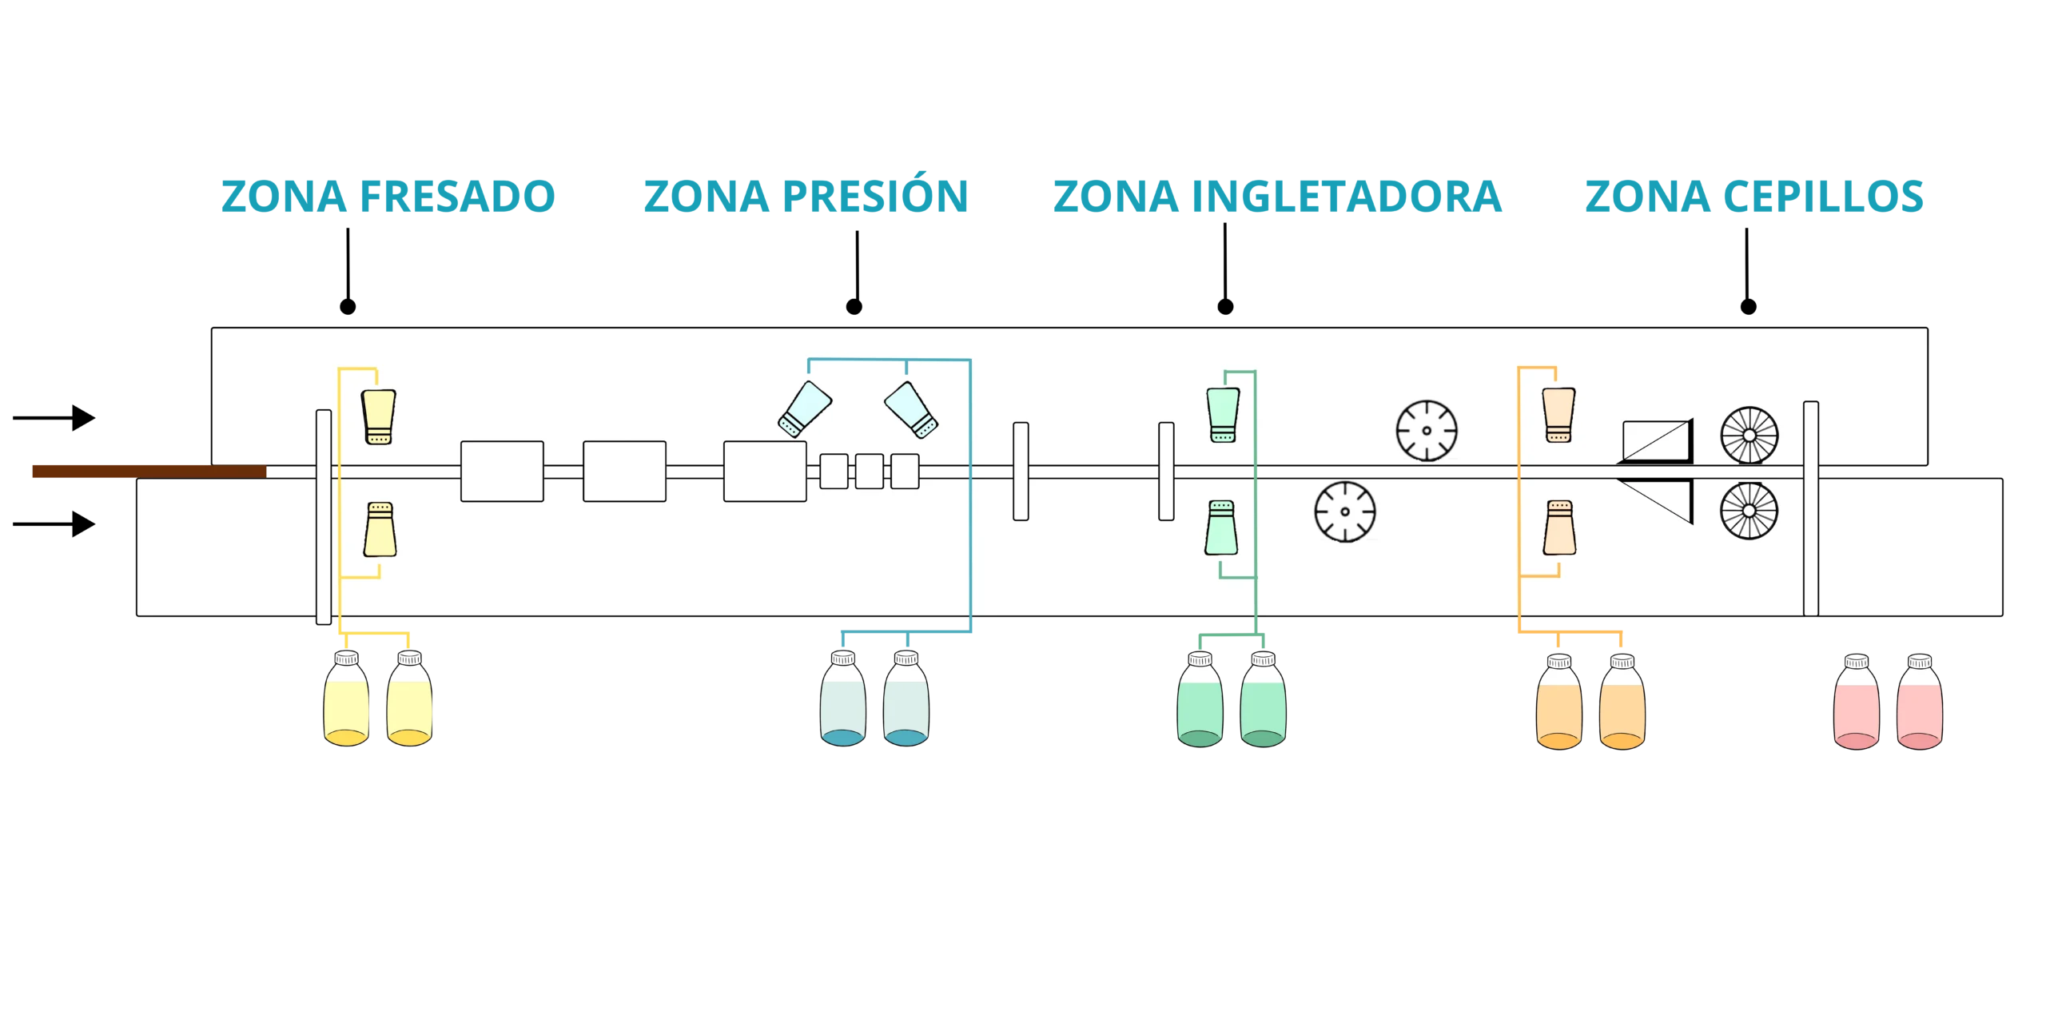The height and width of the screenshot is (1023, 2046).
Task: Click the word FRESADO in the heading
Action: (x=456, y=197)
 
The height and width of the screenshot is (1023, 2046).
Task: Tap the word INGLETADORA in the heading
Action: (x=1344, y=197)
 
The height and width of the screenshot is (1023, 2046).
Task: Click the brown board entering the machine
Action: (x=149, y=471)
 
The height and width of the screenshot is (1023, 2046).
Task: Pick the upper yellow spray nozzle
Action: (x=378, y=416)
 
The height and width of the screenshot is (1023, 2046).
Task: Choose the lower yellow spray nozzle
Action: (x=380, y=528)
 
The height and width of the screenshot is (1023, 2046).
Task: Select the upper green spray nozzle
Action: (x=1224, y=415)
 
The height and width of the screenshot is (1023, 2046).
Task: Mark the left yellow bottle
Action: (x=346, y=700)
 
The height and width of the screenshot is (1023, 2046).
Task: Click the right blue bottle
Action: (x=906, y=700)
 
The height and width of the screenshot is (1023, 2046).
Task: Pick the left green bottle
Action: (x=1200, y=700)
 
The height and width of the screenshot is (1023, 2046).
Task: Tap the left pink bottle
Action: (x=1856, y=702)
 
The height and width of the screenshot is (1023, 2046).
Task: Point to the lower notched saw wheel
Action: (x=1345, y=511)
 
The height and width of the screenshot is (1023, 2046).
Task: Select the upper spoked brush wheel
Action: (x=1749, y=436)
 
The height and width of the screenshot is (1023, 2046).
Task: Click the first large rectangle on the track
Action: (x=502, y=472)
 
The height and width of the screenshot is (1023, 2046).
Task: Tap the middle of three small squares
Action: (x=870, y=472)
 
